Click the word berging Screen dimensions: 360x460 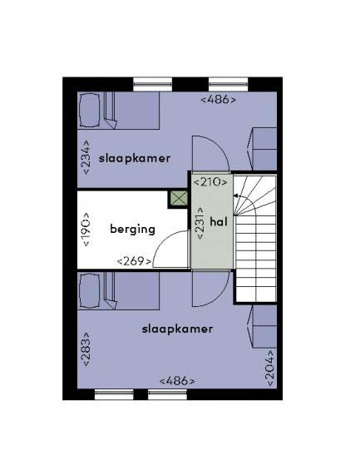132,229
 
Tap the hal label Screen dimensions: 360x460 219,222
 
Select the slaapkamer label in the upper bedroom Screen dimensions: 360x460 135,159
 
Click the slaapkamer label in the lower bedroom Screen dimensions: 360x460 177,329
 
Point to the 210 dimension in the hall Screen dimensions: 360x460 210,182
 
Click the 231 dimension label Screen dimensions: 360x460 200,223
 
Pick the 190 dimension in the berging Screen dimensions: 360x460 86,229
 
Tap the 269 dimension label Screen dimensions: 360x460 135,261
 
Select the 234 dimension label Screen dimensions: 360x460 86,157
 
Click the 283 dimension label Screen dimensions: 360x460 86,349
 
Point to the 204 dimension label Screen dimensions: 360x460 270,368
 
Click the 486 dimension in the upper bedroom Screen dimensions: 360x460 218,100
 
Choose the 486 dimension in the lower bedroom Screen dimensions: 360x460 177,381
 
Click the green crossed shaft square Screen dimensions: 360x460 179,199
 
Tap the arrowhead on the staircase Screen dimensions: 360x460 235,195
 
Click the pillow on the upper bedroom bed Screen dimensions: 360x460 90,110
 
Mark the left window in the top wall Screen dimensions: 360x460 152,85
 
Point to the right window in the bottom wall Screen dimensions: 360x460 167,394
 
